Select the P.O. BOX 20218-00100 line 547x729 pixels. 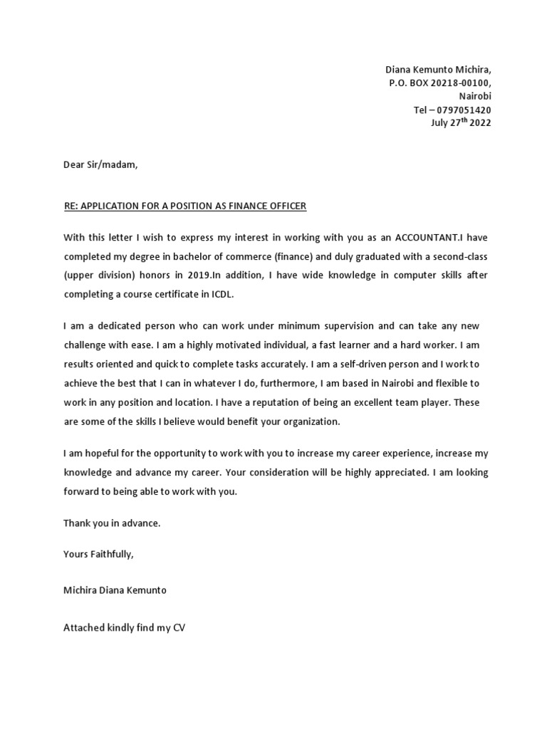(439, 83)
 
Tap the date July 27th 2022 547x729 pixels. (461, 122)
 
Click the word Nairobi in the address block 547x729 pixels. (474, 96)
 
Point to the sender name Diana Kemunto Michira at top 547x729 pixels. (438, 70)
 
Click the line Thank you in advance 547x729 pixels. (112, 523)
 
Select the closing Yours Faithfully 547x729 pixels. (98, 554)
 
